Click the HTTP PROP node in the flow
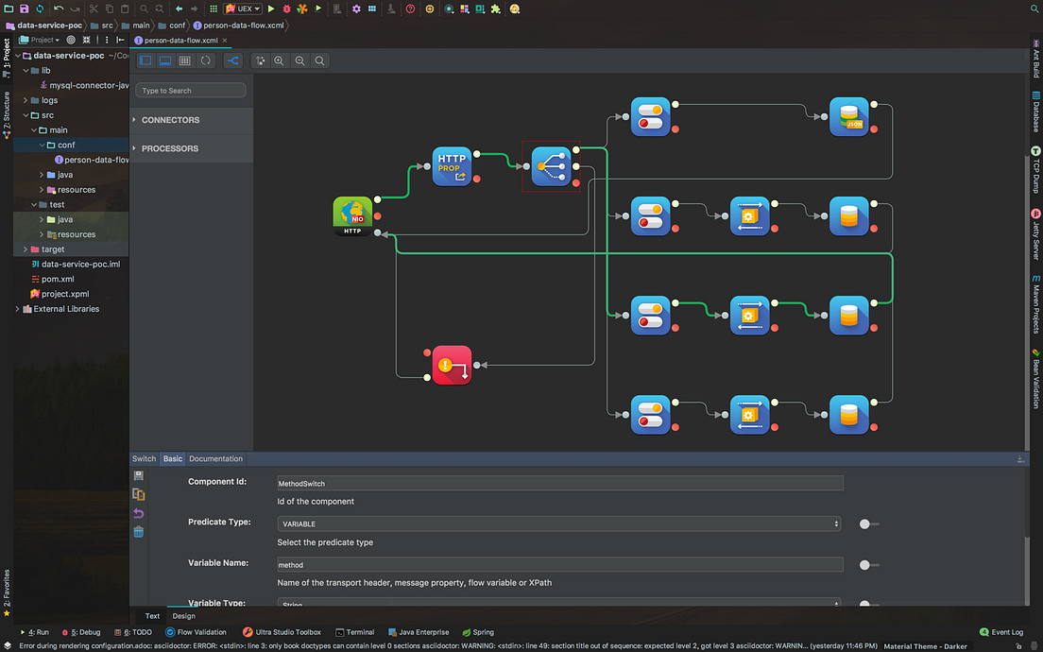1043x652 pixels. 452,165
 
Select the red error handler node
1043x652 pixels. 452,365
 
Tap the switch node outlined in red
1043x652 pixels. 551,166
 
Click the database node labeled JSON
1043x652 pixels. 848,117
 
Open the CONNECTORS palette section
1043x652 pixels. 170,120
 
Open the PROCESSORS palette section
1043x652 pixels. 170,148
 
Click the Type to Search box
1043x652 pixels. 191,91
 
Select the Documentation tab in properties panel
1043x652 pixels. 215,458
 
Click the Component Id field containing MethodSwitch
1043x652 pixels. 559,483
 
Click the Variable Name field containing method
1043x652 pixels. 559,565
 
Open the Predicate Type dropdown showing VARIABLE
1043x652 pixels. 559,523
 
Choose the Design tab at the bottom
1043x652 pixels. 183,616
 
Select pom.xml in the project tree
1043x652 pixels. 58,279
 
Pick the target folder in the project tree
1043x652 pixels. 53,249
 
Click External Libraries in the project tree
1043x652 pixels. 66,309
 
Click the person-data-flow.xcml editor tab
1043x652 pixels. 180,41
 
